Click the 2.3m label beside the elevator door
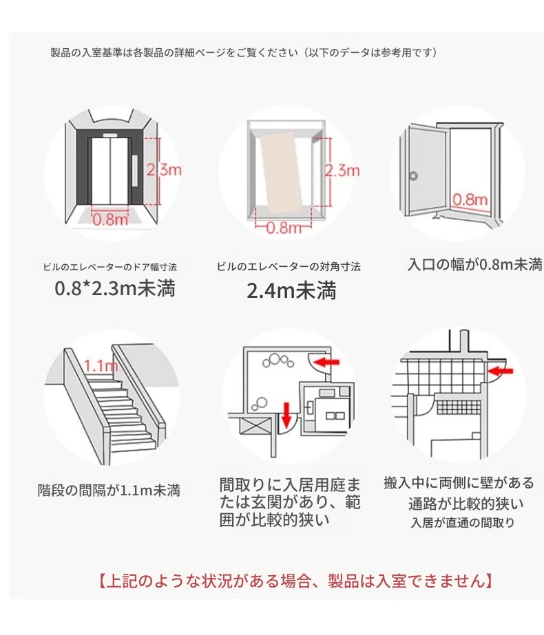[164, 170]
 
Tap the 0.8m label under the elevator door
[110, 219]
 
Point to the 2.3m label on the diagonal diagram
[342, 171]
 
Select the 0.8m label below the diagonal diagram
[284, 228]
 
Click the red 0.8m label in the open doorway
[470, 200]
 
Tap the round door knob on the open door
[413, 176]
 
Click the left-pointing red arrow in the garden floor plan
[326, 362]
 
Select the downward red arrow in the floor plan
[286, 415]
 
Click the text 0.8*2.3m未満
[115, 289]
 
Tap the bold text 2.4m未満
[291, 291]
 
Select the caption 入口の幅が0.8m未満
[474, 264]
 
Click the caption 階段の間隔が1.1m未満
[109, 490]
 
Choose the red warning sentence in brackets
[295, 581]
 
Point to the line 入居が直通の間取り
[463, 522]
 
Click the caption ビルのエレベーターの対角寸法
[289, 266]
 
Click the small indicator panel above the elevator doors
[110, 136]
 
